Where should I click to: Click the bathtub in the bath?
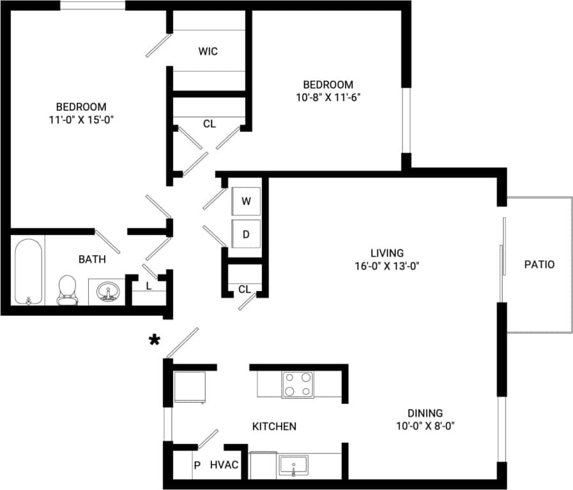pos(29,272)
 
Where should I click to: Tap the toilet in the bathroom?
pos(66,289)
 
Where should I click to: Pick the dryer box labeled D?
pos(246,234)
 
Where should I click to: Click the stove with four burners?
pos(298,384)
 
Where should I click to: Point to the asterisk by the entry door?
pos(154,340)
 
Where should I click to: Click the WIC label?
pos(208,51)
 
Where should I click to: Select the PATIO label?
pos(539,264)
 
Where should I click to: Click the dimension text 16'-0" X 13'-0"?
pos(387,266)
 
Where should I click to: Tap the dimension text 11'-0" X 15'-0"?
pos(80,119)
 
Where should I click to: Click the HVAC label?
pos(224,465)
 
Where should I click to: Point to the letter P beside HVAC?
pos(197,465)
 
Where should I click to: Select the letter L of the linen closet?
pos(149,286)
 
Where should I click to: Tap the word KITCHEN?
pos(274,426)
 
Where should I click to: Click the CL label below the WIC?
pos(209,124)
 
